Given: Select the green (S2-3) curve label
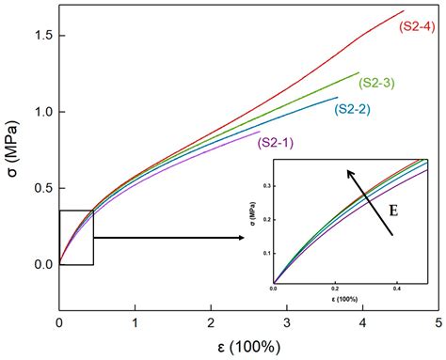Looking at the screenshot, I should click(374, 83).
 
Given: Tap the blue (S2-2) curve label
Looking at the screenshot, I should click(351, 108).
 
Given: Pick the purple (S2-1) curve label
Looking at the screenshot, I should click(274, 142).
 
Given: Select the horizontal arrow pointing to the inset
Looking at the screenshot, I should click(169, 238).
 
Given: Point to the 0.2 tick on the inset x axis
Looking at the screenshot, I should click(334, 289).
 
